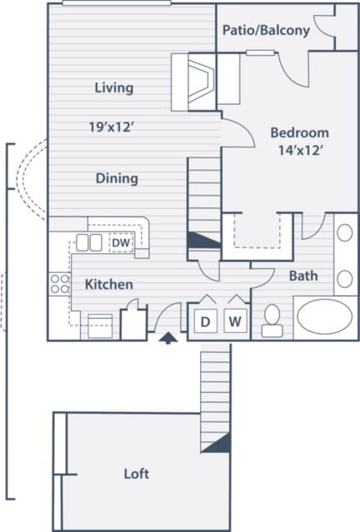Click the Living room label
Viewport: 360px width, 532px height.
pyautogui.click(x=114, y=87)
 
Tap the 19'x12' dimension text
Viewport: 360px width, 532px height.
pyautogui.click(x=112, y=127)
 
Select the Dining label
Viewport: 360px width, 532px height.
pyautogui.click(x=117, y=178)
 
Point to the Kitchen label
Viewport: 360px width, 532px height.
pyautogui.click(x=108, y=285)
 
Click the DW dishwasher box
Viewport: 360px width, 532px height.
pyautogui.click(x=121, y=242)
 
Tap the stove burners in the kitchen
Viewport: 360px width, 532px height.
pyautogui.click(x=60, y=284)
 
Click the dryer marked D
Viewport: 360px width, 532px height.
pyautogui.click(x=206, y=321)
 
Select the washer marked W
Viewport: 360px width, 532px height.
pyautogui.click(x=235, y=321)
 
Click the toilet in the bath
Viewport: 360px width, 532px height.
pyautogui.click(x=272, y=321)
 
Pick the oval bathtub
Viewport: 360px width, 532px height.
pyautogui.click(x=325, y=316)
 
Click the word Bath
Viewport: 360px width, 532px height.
pyautogui.click(x=303, y=276)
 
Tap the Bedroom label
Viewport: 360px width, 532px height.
pyautogui.click(x=299, y=132)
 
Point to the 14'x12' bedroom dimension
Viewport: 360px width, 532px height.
pyautogui.click(x=300, y=150)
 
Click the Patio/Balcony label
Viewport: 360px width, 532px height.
pyautogui.click(x=266, y=30)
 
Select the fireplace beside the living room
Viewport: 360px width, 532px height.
pyautogui.click(x=201, y=82)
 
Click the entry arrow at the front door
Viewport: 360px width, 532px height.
pyautogui.click(x=167, y=339)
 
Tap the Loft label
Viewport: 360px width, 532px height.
pyautogui.click(x=136, y=474)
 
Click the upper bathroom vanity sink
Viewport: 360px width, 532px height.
pyautogui.click(x=345, y=233)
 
